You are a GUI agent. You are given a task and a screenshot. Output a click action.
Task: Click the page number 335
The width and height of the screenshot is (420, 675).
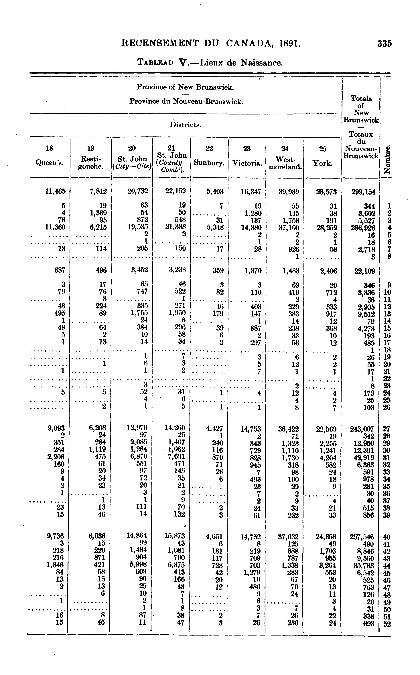[x=384, y=44]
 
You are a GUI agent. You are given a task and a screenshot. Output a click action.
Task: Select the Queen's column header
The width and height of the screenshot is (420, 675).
[x=50, y=163]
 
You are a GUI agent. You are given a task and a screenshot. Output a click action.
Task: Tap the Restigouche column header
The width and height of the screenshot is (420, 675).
[x=90, y=163]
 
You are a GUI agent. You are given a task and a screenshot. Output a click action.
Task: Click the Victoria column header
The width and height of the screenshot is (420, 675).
[x=247, y=163]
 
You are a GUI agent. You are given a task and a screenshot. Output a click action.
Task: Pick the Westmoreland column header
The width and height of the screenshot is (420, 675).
[x=285, y=163]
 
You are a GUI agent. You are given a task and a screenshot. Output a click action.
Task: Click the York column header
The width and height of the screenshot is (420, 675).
[x=322, y=163]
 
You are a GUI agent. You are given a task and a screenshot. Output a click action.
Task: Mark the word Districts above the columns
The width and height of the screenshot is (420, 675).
[x=185, y=125]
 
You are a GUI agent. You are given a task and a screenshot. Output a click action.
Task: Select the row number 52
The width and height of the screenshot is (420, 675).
[x=387, y=624]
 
